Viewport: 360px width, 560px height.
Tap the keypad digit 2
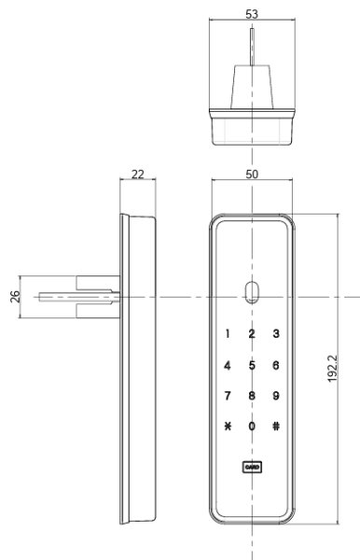pyautogui.click(x=251, y=334)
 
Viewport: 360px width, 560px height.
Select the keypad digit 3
pyautogui.click(x=275, y=334)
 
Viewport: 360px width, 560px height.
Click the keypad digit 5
pyautogui.click(x=251, y=365)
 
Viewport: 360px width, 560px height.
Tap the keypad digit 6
pyautogui.click(x=275, y=365)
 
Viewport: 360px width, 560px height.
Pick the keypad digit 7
pyautogui.click(x=227, y=395)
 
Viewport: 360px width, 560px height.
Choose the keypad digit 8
pyautogui.click(x=251, y=395)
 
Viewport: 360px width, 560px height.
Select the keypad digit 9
pyautogui.click(x=275, y=395)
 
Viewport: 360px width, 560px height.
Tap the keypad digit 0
pyautogui.click(x=251, y=427)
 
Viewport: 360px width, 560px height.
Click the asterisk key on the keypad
pyautogui.click(x=227, y=427)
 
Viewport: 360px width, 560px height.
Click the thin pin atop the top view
pyautogui.click(x=251, y=47)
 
